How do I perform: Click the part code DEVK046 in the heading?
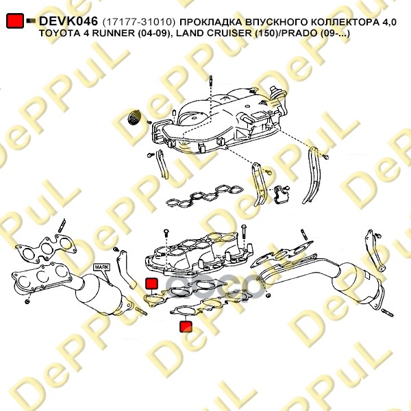68,21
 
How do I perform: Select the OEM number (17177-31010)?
138,22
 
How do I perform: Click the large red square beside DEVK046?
15,21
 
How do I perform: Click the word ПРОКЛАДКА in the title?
211,23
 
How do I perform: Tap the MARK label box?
101,267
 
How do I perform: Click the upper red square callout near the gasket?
152,284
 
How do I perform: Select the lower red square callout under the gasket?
186,327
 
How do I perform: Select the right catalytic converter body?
355,283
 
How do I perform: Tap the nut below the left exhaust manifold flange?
27,302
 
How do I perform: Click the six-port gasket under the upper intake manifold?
204,195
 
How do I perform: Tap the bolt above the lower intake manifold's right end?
244,235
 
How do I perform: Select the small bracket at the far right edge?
374,250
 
